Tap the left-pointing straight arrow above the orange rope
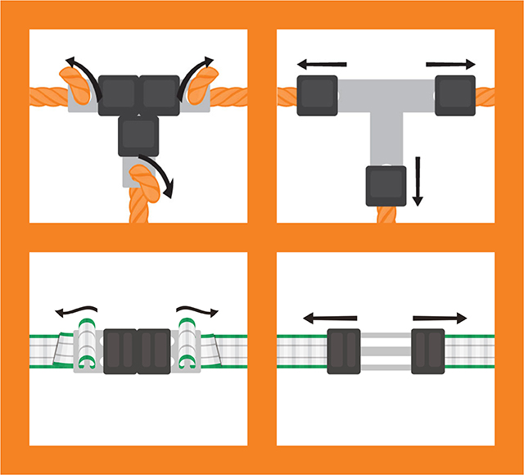pyautogui.click(x=321, y=64)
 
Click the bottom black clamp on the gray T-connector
pyautogui.click(x=386, y=185)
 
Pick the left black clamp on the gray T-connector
pyautogui.click(x=317, y=96)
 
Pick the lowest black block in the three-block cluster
pyautogui.click(x=140, y=135)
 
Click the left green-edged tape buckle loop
pyautogui.click(x=87, y=349)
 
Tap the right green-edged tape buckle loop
pyautogui.click(x=187, y=349)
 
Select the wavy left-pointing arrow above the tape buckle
pyautogui.click(x=76, y=310)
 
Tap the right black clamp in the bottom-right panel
pyautogui.click(x=427, y=351)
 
